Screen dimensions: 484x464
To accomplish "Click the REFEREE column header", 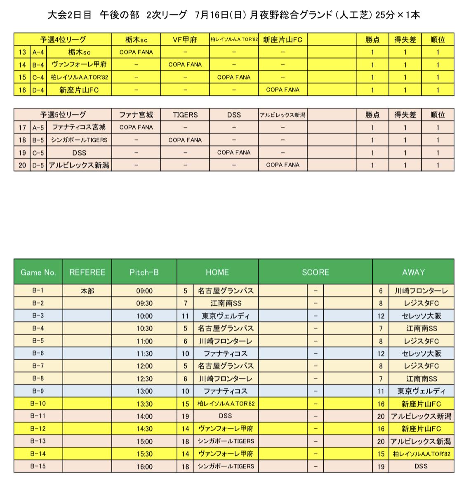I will point(87,272).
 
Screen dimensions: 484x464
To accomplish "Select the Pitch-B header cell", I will point(144,272).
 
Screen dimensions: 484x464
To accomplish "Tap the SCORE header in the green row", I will point(315,272).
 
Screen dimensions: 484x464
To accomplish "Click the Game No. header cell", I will point(38,272).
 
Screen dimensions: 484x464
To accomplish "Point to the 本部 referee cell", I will point(87,291).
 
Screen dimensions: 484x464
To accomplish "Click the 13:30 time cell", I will point(144,404).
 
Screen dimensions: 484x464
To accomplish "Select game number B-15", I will point(38,466).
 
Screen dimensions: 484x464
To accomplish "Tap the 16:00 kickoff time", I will point(144,467).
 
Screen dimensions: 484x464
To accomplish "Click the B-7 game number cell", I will point(38,366).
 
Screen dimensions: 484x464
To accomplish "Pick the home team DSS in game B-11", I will point(225,416).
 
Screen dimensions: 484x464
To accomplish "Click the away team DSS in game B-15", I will point(420,467).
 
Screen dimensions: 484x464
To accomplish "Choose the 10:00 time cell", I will point(144,316).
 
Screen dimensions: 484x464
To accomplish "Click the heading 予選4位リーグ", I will point(63,40).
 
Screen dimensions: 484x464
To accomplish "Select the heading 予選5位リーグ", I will point(63,115).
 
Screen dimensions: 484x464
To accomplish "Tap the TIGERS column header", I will point(185,115).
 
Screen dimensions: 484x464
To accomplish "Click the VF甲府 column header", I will point(185,40).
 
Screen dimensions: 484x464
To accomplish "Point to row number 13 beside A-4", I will point(22,52).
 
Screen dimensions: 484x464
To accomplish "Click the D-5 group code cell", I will point(38,165).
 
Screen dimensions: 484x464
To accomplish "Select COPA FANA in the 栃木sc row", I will point(136,52).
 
